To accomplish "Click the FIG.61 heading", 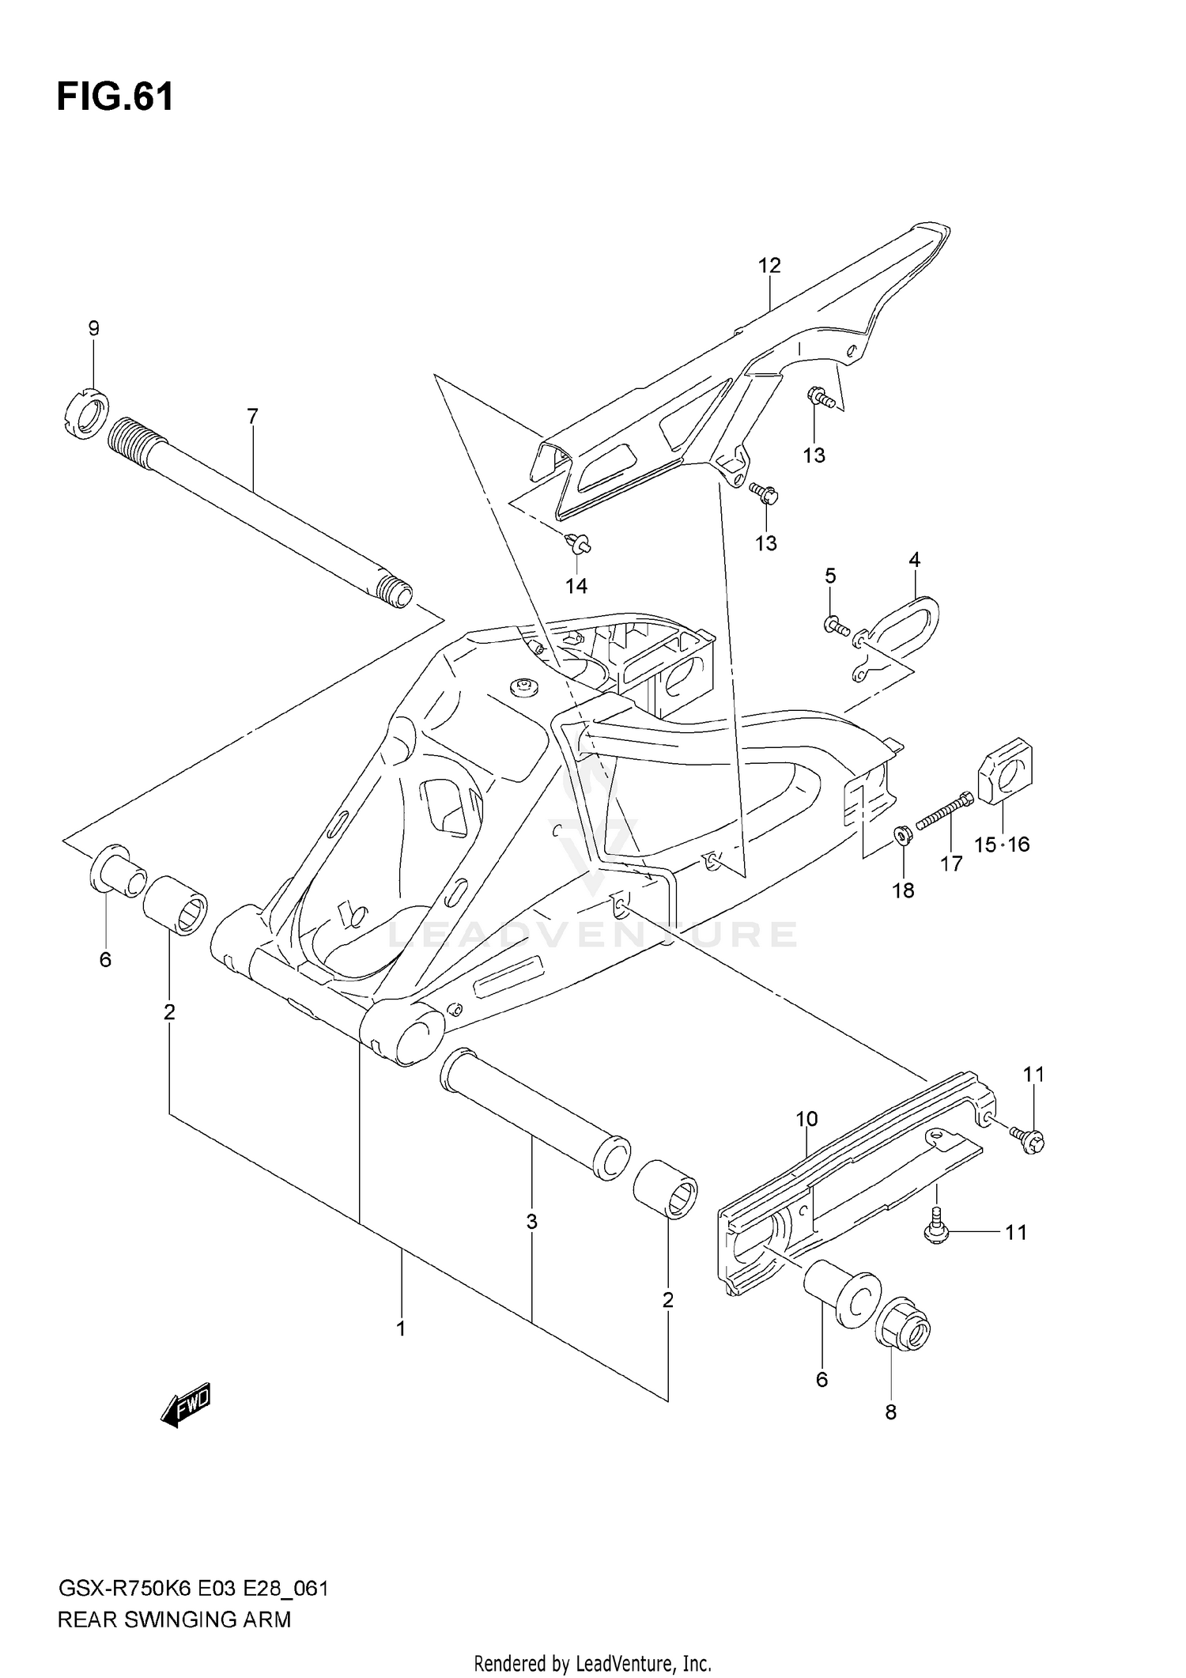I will point(115,97).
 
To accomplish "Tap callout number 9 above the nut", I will point(93,328).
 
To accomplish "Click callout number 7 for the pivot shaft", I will point(252,416).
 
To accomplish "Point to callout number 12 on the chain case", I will point(769,266).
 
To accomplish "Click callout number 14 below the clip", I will point(576,586).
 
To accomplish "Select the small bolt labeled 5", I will point(836,627).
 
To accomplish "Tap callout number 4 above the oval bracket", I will point(914,560).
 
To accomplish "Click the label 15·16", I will point(1002,845).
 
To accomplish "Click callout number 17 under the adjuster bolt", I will point(951,864).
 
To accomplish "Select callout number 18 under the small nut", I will point(903,890).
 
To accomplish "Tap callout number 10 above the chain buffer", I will point(806,1119).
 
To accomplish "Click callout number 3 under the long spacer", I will point(532,1222).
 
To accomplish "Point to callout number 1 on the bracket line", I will point(401,1329).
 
